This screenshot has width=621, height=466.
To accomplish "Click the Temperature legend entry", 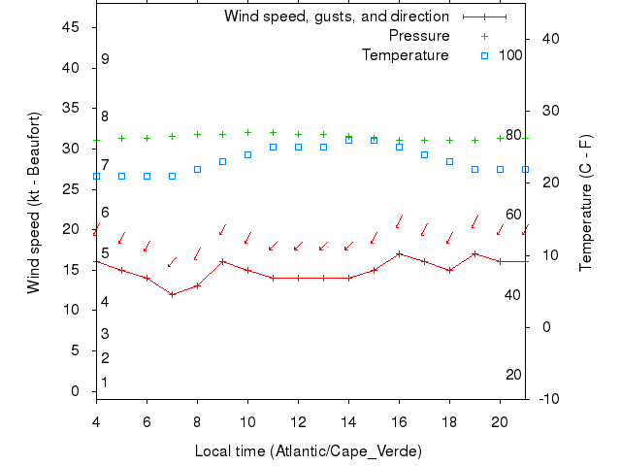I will (x=406, y=55).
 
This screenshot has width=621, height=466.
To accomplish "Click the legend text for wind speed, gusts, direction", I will (x=337, y=17).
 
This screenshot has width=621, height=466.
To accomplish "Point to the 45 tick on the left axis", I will (x=71, y=27).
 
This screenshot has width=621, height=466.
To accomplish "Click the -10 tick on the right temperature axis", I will (x=546, y=399).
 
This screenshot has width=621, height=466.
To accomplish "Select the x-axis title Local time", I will (x=308, y=451).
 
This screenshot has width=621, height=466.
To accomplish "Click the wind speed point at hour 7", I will (x=172, y=294).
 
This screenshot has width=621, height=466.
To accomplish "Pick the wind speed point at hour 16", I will (x=399, y=253).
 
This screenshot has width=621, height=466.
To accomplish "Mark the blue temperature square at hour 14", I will (x=348, y=141).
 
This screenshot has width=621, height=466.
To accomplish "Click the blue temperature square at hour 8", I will (x=197, y=169).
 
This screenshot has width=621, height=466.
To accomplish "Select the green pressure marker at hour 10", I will (x=247, y=132).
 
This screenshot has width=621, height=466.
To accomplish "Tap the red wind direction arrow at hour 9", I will (x=222, y=230).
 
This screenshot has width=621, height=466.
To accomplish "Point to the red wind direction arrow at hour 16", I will (x=399, y=222).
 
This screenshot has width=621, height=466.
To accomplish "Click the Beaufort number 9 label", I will (x=105, y=59).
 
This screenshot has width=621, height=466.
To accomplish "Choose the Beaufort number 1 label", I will (x=105, y=383).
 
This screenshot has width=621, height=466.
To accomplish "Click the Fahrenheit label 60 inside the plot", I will (x=513, y=215).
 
